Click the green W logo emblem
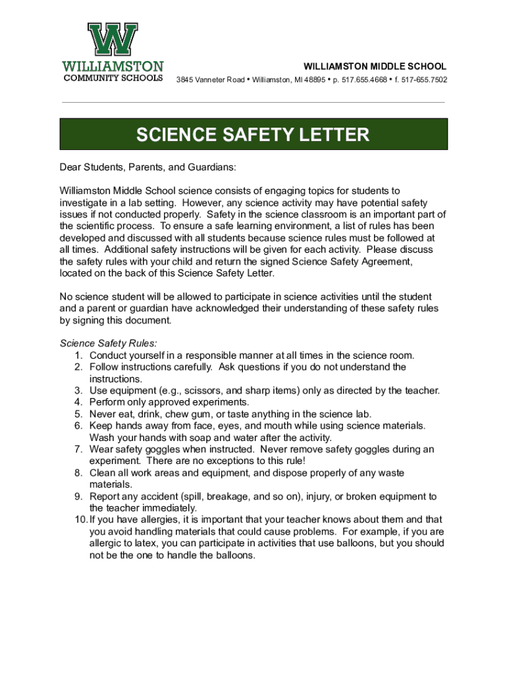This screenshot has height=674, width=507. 113,40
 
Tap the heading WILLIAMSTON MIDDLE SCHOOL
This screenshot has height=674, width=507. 374,66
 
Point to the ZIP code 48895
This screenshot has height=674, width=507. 315,80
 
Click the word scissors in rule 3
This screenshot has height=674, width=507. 201,390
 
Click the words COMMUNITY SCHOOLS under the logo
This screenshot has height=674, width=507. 113,78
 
